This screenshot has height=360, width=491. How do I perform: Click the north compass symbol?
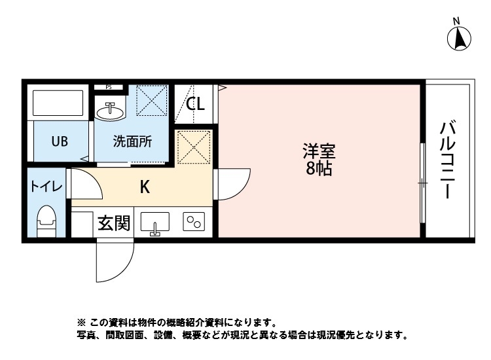[x=460, y=39]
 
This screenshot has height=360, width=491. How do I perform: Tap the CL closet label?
[x=195, y=104]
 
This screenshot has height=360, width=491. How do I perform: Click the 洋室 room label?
[x=319, y=152]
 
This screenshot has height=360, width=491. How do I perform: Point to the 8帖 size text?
[x=319, y=169]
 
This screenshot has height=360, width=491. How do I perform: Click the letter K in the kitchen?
[x=145, y=187]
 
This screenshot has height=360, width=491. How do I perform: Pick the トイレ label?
[x=45, y=187]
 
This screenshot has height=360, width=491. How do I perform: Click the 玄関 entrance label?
[x=114, y=224]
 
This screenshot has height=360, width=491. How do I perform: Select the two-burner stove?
[x=194, y=223]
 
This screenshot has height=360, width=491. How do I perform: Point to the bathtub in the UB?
[x=58, y=103]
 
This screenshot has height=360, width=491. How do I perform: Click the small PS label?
[x=108, y=86]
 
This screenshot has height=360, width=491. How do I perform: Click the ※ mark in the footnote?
[x=82, y=323]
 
